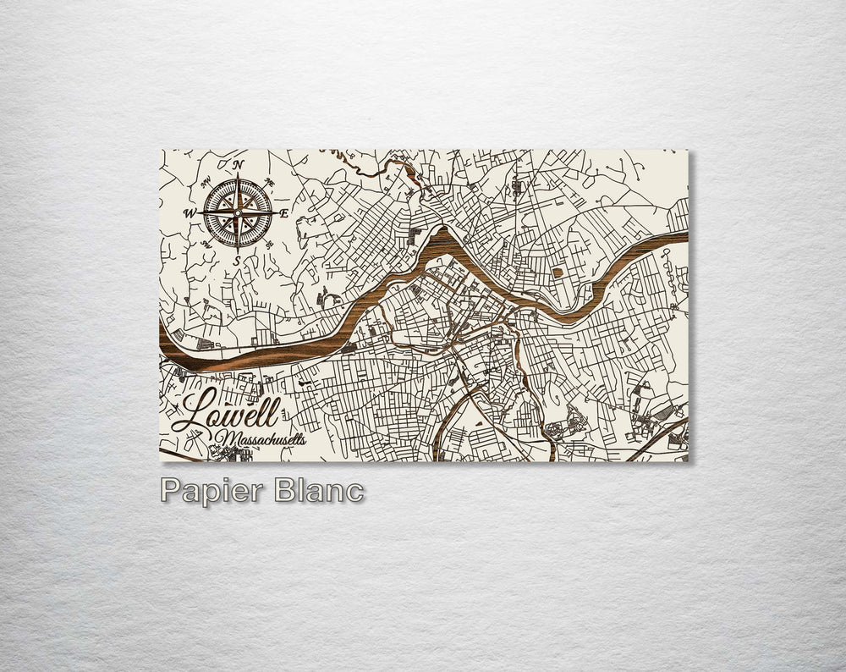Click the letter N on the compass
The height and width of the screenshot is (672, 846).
click(239, 163)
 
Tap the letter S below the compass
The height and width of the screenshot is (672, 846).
click(238, 260)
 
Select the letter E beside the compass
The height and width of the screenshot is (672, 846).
click(285, 213)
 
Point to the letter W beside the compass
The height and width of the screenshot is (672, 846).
click(190, 213)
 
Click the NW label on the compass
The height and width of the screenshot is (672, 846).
click(206, 179)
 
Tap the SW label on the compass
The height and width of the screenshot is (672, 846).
click(206, 245)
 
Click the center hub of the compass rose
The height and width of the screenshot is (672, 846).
click(239, 212)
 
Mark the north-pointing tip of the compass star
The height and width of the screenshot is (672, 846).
click(239, 175)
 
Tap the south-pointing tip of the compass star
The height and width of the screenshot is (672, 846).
click(239, 248)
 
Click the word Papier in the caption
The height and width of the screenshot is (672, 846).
click(207, 492)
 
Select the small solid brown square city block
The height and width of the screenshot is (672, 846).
click(558, 272)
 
